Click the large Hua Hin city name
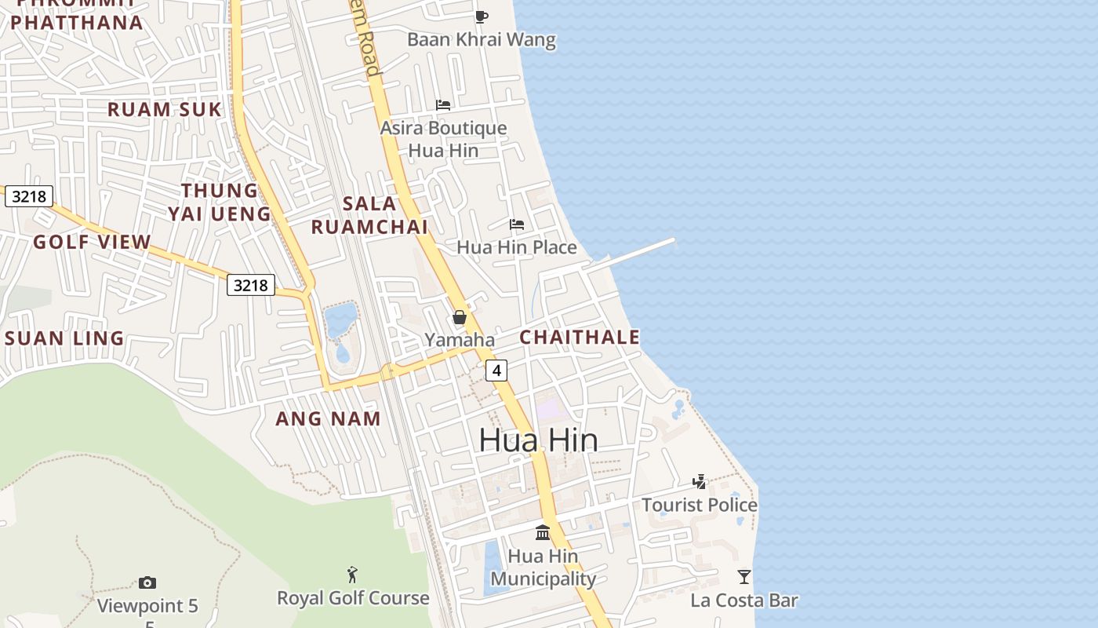(538, 440)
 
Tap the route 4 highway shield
(496, 370)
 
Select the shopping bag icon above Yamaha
(460, 317)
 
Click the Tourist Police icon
(699, 481)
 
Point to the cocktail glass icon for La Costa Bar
(744, 577)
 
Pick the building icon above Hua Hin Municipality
(542, 533)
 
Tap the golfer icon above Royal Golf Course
(353, 575)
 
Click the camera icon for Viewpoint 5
(147, 582)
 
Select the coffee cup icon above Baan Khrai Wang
(482, 16)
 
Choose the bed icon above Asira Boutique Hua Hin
(443, 105)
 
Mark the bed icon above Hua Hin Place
(516, 225)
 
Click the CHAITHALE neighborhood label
(580, 338)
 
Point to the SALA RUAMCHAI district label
(369, 215)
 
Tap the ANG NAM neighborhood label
(328, 418)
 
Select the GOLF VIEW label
(92, 242)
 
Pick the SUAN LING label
(64, 338)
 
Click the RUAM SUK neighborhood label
(165, 109)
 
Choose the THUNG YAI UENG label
(219, 202)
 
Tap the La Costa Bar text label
(744, 601)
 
